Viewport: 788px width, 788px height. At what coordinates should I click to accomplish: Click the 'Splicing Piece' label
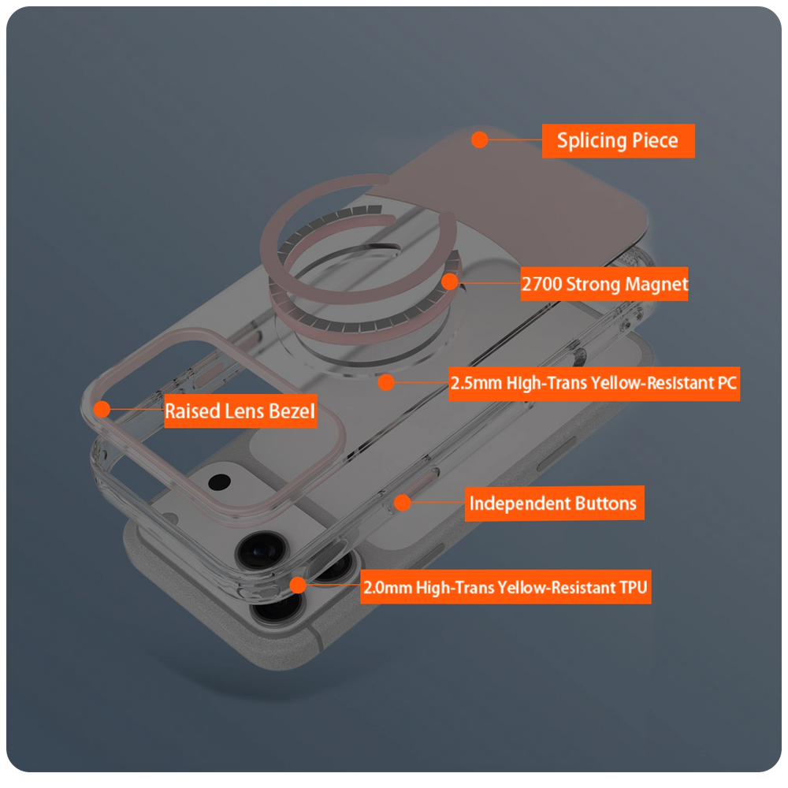pyautogui.click(x=618, y=141)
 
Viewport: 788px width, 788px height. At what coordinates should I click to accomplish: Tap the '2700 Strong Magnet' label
pyautogui.click(x=604, y=284)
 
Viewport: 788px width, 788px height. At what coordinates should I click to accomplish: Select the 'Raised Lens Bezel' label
pyautogui.click(x=240, y=411)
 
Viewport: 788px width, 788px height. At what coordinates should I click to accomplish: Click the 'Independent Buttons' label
pyautogui.click(x=554, y=503)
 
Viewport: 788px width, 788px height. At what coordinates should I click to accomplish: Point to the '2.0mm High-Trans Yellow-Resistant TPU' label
pyautogui.click(x=506, y=587)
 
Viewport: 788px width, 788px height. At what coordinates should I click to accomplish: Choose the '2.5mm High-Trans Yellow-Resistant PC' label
pyautogui.click(x=594, y=384)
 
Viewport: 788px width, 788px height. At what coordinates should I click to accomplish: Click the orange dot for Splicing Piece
pyautogui.click(x=480, y=139)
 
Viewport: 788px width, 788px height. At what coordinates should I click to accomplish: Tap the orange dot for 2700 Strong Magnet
pyautogui.click(x=450, y=282)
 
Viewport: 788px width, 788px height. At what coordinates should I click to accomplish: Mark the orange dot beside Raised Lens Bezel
pyautogui.click(x=102, y=409)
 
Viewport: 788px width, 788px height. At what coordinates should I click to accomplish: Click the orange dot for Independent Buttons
pyautogui.click(x=403, y=502)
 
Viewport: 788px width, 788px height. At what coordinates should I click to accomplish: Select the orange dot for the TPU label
pyautogui.click(x=298, y=585)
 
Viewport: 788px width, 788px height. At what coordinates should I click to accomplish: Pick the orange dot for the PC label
pyautogui.click(x=386, y=382)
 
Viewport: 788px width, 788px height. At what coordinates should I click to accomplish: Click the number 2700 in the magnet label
pyautogui.click(x=542, y=284)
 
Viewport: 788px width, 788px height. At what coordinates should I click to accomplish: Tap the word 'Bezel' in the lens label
pyautogui.click(x=292, y=411)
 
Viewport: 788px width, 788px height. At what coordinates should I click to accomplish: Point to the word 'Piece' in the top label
pyautogui.click(x=655, y=140)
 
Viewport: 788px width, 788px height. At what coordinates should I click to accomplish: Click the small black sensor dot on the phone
pyautogui.click(x=220, y=482)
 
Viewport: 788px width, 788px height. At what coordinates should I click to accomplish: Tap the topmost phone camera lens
pyautogui.click(x=262, y=551)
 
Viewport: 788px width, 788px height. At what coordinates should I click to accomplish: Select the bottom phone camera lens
pyautogui.click(x=278, y=607)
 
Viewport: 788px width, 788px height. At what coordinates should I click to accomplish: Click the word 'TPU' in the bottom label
pyautogui.click(x=634, y=587)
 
